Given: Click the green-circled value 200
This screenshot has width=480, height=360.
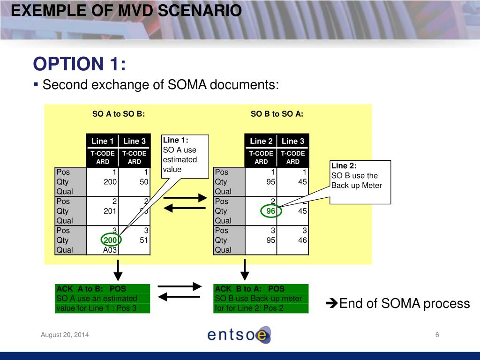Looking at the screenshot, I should (111, 240).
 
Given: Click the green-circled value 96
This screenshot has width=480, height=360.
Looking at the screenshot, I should (270, 211).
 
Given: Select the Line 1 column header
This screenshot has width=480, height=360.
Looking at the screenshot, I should (102, 141).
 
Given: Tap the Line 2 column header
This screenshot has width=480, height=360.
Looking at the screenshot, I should (261, 141).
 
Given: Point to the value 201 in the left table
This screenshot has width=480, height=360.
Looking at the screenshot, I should (110, 211).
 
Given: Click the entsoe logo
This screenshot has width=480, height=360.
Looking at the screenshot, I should (239, 335).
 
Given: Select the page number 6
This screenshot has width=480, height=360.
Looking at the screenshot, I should (437, 335).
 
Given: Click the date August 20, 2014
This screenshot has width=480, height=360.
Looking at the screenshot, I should (65, 335).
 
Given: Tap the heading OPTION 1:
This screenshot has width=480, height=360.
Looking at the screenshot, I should (79, 64).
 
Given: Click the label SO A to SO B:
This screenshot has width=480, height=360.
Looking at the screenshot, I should (119, 114).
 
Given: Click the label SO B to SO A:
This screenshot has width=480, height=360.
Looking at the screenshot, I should (277, 114).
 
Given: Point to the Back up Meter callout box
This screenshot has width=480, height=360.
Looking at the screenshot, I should (360, 182).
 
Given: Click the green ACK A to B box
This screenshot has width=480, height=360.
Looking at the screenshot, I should (103, 299).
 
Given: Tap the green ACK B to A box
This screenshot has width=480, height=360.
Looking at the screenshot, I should (261, 299).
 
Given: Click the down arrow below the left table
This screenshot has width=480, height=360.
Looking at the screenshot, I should (119, 270).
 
